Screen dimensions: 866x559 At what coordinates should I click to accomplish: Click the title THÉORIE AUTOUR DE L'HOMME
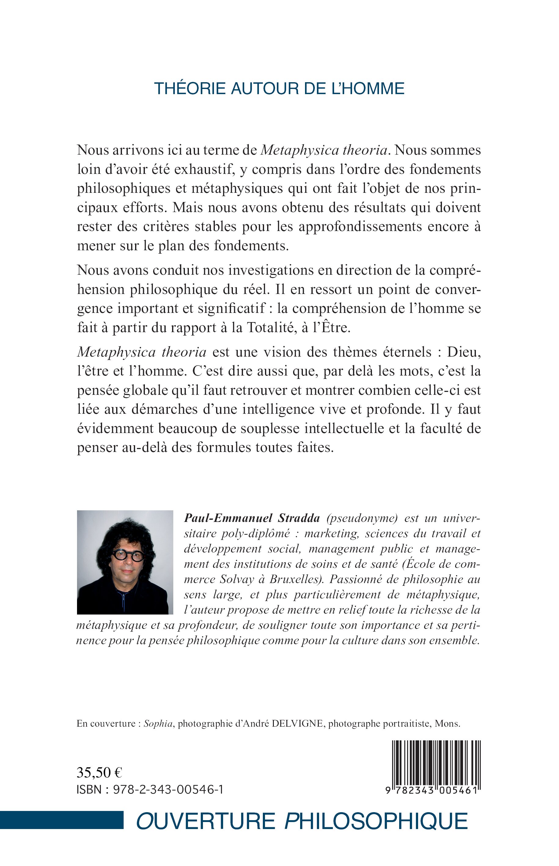(279, 89)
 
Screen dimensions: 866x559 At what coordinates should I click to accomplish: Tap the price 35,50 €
(99, 773)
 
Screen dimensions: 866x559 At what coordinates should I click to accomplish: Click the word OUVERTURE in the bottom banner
(206, 822)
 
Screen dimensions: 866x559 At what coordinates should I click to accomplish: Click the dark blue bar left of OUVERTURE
(62, 820)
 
